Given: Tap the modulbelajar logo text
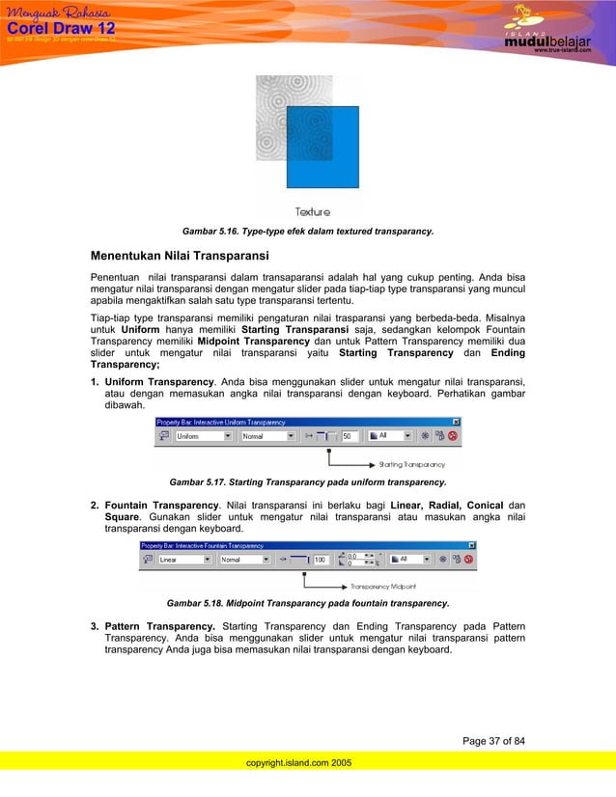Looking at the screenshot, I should coord(546,41).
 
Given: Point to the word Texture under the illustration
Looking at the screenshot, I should coord(313,211).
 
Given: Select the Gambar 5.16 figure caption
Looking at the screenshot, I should coord(307,232).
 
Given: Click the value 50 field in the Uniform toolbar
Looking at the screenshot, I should coord(349,436).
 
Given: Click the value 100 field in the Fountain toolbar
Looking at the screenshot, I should coord(320,559).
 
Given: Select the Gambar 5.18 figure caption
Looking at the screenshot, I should coord(307,604).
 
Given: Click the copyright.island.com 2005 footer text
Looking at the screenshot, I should coord(299,762).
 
